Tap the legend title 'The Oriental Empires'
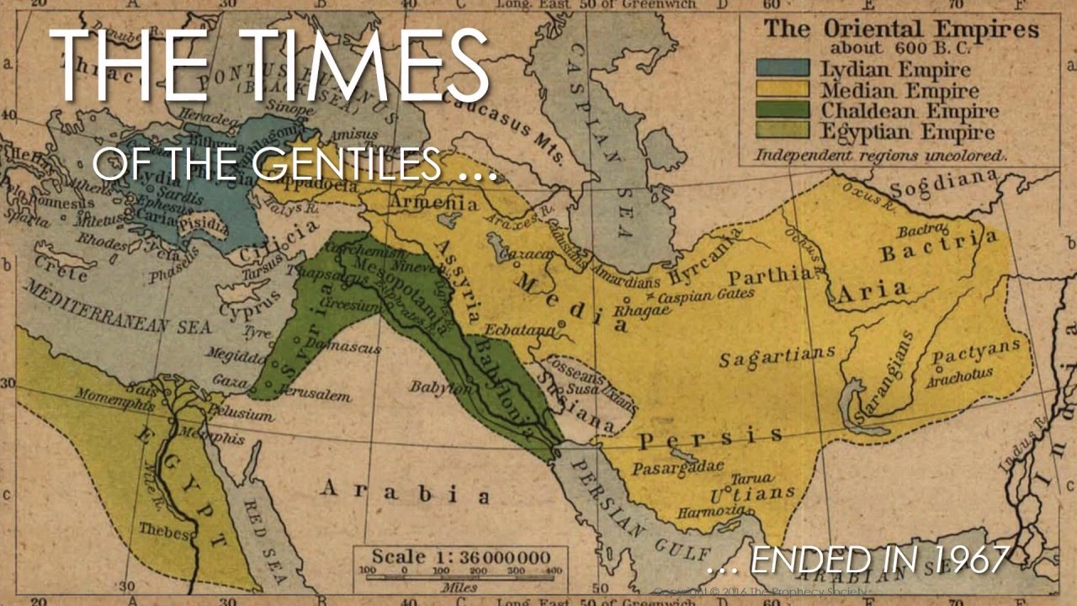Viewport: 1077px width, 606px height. pyautogui.click(x=901, y=28)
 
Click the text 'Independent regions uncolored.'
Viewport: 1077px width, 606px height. pyautogui.click(x=880, y=155)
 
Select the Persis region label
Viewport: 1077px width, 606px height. pyautogui.click(x=709, y=438)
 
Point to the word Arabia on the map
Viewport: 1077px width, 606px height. pyautogui.click(x=404, y=491)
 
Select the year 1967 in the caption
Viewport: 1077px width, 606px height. pyautogui.click(x=968, y=561)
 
